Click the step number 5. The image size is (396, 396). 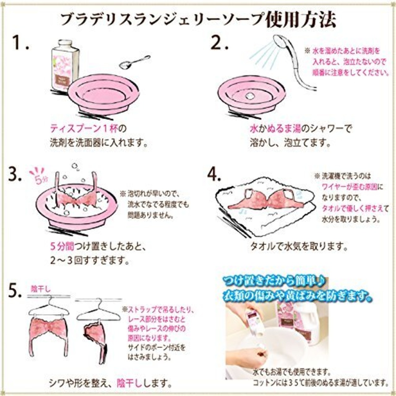[x=15, y=291]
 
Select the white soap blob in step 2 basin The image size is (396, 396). [x=249, y=96]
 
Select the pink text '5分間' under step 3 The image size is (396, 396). [x=62, y=247]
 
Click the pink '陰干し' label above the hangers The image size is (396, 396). [x=41, y=289]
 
